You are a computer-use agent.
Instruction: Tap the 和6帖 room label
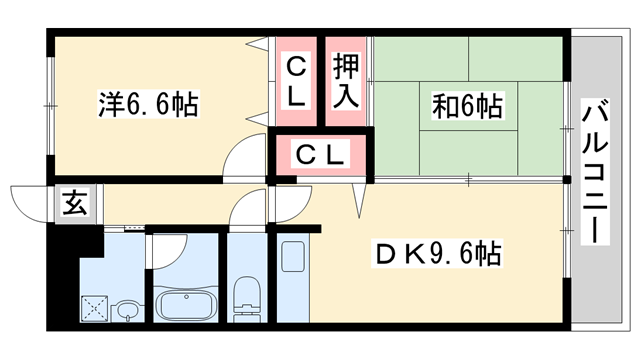tap(467, 104)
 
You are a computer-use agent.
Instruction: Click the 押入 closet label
tap(346, 81)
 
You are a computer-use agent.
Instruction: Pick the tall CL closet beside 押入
tap(295, 81)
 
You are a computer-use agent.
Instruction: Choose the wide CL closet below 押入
tap(321, 155)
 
